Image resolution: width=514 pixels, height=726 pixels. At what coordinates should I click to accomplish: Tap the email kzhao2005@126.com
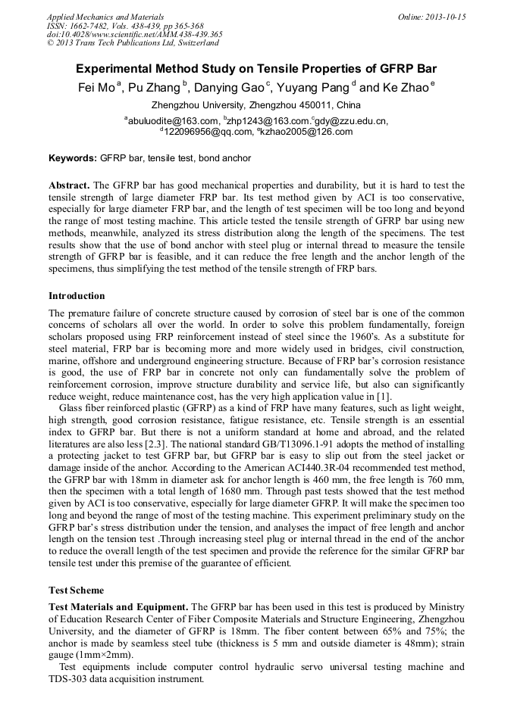click(x=297, y=132)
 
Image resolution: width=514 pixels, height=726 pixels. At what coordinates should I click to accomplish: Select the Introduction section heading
click(x=77, y=296)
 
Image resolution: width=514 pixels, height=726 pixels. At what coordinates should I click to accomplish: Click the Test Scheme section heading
click(x=76, y=590)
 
